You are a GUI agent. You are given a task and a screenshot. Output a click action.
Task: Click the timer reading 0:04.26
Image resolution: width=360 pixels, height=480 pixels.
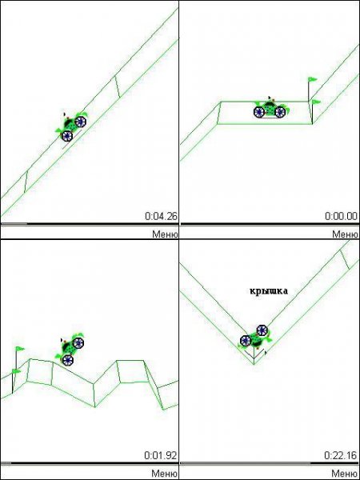point(161,216)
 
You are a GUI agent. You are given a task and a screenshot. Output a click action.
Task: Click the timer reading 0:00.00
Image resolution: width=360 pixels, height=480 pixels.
point(341,216)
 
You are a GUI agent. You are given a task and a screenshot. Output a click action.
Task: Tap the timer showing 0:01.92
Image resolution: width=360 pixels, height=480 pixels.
point(161,455)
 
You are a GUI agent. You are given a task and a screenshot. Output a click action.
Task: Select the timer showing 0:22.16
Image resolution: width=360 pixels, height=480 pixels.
point(341,455)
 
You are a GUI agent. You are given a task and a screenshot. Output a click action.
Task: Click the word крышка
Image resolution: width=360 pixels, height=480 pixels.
point(269,291)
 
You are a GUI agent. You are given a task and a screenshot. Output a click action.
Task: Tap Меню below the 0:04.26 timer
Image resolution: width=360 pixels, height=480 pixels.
point(165,234)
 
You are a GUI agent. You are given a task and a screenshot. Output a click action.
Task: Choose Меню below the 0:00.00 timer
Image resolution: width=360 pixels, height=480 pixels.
point(345,234)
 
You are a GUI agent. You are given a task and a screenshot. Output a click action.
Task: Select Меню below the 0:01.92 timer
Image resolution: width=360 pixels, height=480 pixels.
point(165,474)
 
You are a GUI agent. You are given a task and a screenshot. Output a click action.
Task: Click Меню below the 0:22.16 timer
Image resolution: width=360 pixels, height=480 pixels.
point(345,474)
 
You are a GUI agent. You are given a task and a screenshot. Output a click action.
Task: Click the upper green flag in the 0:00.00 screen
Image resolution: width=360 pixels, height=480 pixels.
point(312,79)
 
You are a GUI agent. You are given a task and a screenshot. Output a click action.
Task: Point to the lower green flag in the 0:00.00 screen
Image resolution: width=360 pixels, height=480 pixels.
point(316,102)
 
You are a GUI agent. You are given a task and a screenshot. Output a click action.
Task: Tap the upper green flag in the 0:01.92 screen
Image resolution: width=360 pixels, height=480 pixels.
point(20,348)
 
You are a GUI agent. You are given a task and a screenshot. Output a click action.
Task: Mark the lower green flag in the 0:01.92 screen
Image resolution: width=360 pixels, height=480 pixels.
point(16,371)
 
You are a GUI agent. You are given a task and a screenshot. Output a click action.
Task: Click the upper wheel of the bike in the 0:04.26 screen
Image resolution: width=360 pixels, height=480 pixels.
point(80,122)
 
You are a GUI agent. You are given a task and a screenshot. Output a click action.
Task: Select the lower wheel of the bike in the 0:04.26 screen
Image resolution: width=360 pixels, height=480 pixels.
point(66,136)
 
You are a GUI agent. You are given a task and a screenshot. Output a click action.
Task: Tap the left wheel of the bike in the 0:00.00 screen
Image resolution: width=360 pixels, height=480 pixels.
point(259,112)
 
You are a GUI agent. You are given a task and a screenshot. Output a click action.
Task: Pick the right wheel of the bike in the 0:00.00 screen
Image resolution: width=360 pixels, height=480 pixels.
point(280,112)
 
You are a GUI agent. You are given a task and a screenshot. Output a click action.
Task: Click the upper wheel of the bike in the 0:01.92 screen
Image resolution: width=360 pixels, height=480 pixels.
point(78,342)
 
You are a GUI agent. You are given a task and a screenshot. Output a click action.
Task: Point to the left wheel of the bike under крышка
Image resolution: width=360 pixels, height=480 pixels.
point(246,341)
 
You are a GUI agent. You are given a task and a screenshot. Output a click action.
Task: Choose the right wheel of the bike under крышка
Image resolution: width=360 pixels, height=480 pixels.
point(262,330)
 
